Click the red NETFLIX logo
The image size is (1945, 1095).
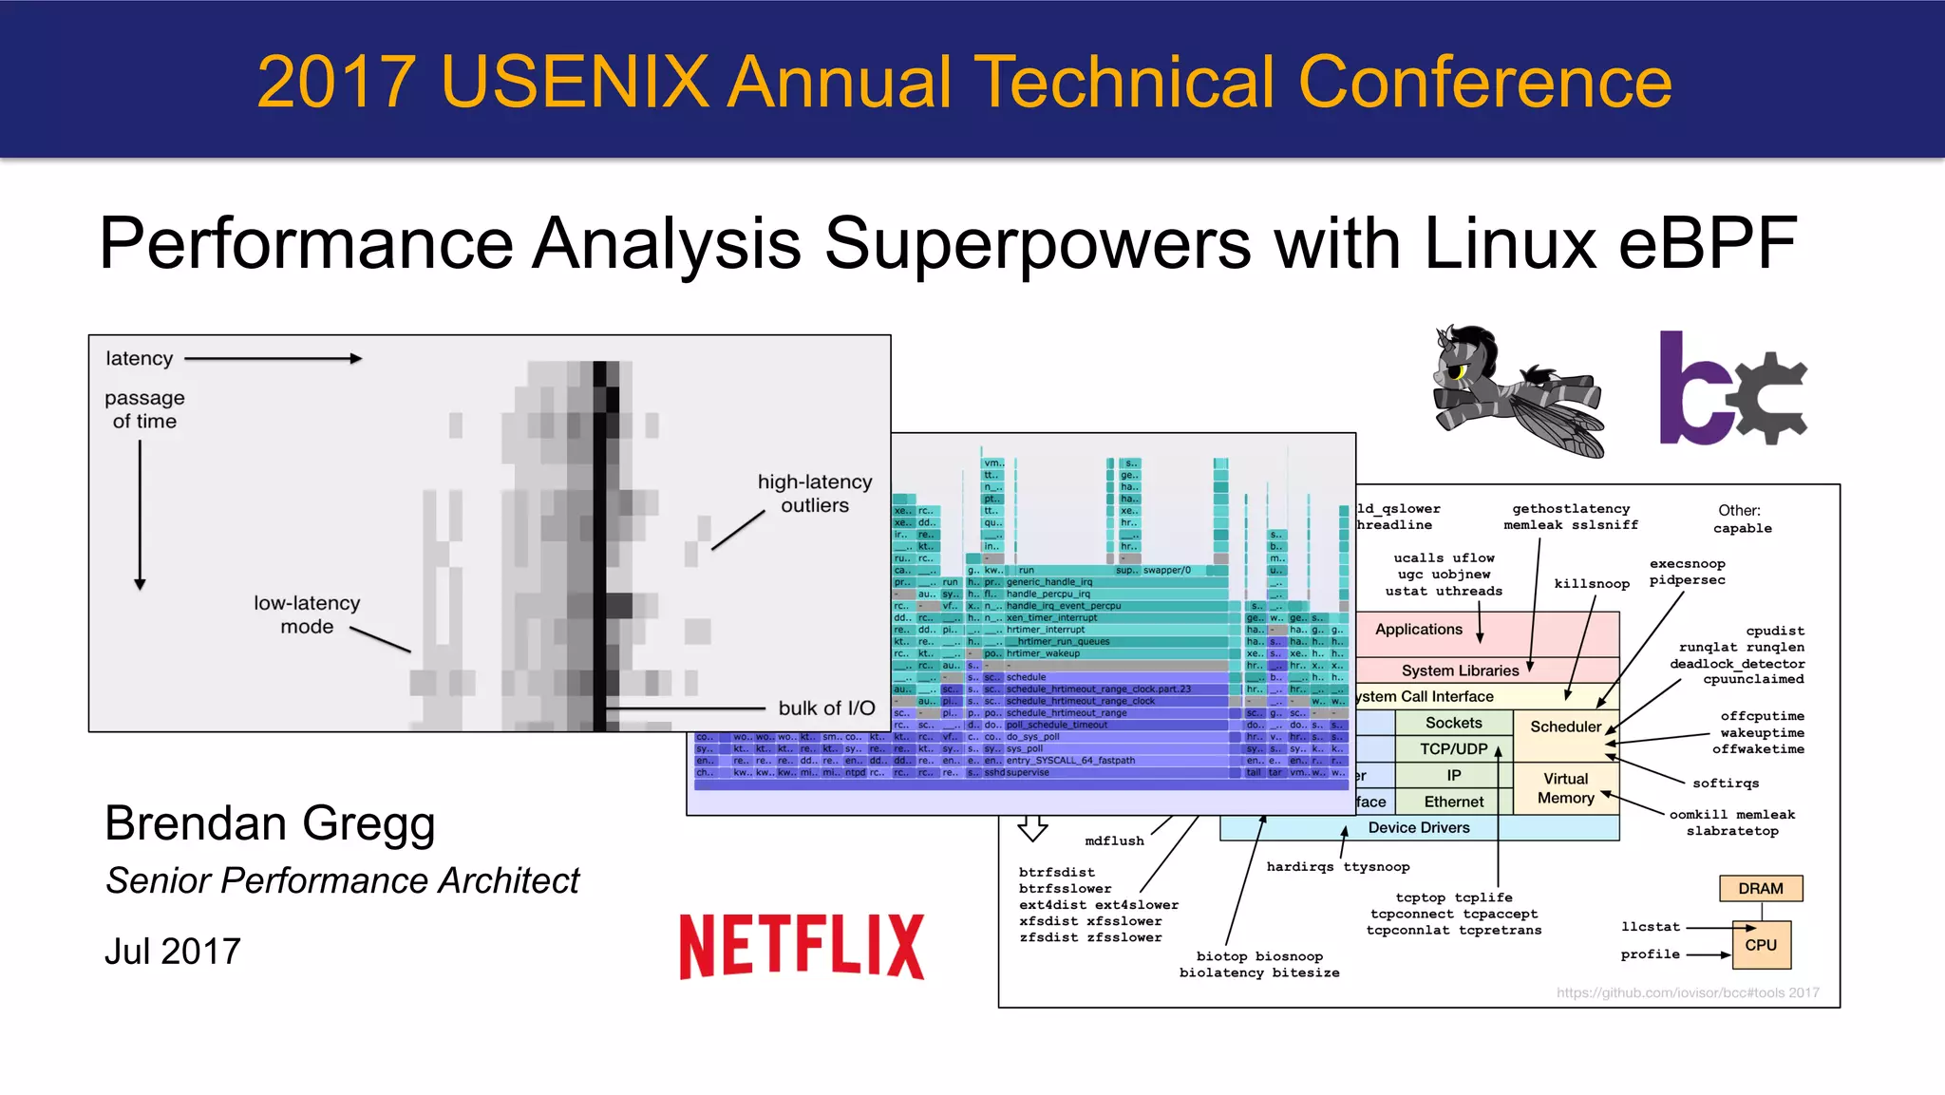[x=802, y=946]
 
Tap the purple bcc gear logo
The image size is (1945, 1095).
[x=1732, y=388]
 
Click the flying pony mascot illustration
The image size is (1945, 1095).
[x=1517, y=391]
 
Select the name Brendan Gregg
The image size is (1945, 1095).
[x=270, y=823]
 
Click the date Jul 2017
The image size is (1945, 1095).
[x=173, y=952]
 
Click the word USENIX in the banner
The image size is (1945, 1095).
[x=575, y=82]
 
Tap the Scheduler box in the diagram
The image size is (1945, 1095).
[x=1565, y=727]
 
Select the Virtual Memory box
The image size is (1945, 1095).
[x=1565, y=788]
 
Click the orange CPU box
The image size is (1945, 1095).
[x=1760, y=945]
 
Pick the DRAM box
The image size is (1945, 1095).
[x=1760, y=889]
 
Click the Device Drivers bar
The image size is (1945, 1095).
[x=1419, y=828]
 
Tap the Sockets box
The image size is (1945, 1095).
[x=1453, y=723]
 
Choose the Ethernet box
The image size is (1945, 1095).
[x=1453, y=802]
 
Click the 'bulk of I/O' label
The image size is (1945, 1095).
[x=826, y=708]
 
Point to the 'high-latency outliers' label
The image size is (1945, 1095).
[x=815, y=494]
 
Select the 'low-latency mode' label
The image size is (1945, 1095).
[x=307, y=614]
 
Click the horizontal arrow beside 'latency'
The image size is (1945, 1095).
[x=273, y=359]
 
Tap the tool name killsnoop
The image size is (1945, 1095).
[x=1592, y=583]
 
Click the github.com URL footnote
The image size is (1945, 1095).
[x=1688, y=992]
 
